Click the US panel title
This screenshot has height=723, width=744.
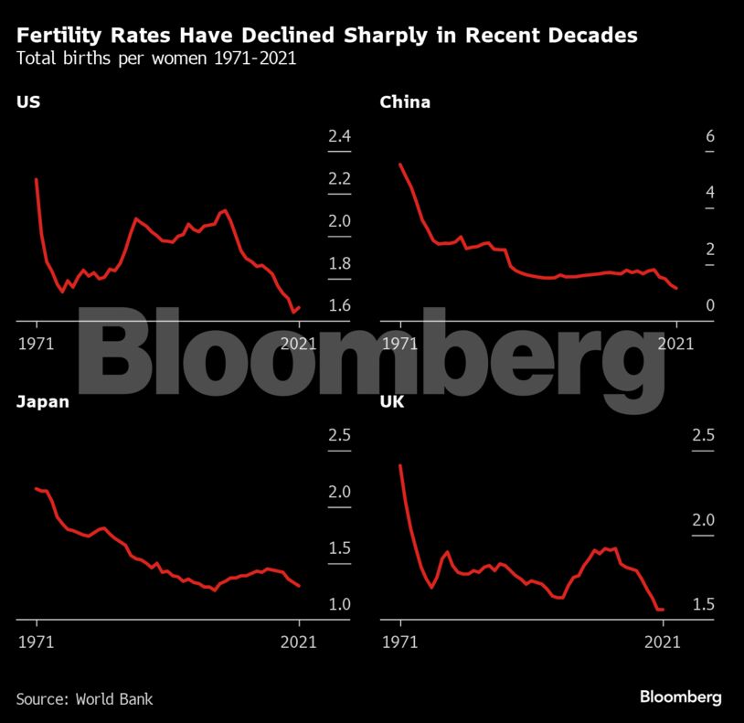click(x=27, y=102)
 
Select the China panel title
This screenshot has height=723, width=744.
click(x=405, y=102)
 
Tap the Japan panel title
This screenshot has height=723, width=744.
click(x=42, y=401)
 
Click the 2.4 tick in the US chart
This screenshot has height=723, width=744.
click(x=339, y=137)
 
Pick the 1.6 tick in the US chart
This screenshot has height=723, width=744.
click(x=339, y=305)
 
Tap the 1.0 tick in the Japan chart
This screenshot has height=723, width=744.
click(x=339, y=604)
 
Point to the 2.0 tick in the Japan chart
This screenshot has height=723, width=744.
click(x=339, y=492)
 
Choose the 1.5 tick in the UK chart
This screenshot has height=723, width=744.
click(x=702, y=604)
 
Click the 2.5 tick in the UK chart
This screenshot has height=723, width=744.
click(x=702, y=435)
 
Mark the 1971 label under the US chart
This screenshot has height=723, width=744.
click(x=37, y=344)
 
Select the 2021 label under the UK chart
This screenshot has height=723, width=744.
click(x=663, y=643)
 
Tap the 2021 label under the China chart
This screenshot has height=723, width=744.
click(x=675, y=344)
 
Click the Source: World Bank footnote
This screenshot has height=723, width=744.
click(x=84, y=699)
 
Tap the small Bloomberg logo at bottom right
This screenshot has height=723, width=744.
click(x=680, y=697)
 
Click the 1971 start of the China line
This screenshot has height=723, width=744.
click(x=400, y=165)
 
